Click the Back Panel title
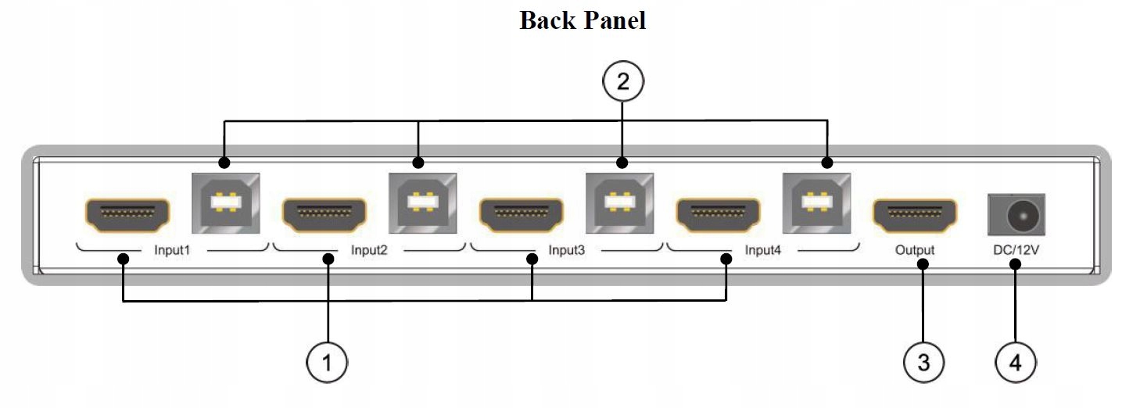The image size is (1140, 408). (583, 20)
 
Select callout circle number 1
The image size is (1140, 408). (327, 363)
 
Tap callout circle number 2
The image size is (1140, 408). (622, 81)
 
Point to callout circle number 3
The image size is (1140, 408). (923, 363)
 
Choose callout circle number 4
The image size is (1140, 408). (1015, 363)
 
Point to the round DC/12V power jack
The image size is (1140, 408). (1016, 215)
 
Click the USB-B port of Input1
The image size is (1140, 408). (225, 202)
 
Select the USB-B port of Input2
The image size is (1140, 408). (422, 202)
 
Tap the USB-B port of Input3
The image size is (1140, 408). (619, 202)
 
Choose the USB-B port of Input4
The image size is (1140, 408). (816, 202)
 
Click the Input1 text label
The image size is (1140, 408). (172, 251)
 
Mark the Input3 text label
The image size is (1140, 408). (566, 251)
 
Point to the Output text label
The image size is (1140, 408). (915, 251)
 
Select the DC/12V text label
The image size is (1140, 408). (1016, 251)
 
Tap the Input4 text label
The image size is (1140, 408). (763, 251)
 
